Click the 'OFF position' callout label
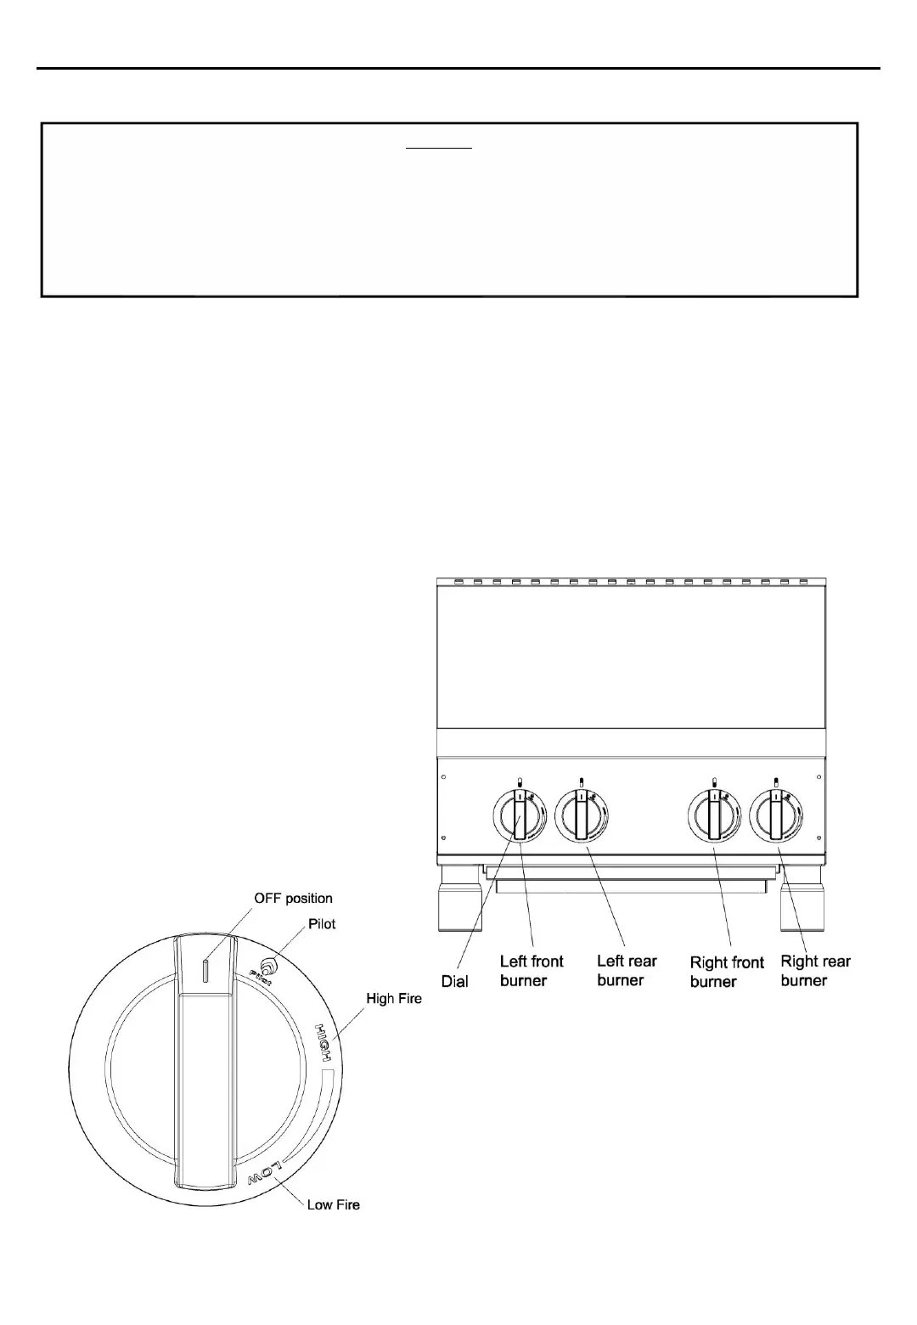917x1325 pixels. tap(293, 898)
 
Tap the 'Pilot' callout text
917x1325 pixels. tap(323, 923)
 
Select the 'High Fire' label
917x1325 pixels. tap(394, 999)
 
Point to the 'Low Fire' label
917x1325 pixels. tap(334, 1204)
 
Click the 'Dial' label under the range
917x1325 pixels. tap(455, 981)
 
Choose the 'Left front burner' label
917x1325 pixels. tap(532, 971)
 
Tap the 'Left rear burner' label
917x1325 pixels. tap(627, 970)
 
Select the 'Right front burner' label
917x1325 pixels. tap(727, 972)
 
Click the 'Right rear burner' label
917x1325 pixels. tap(815, 971)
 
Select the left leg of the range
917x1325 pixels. tap(459, 900)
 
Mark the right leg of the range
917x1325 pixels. tap(802, 900)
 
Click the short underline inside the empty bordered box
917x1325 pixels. tap(437, 147)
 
